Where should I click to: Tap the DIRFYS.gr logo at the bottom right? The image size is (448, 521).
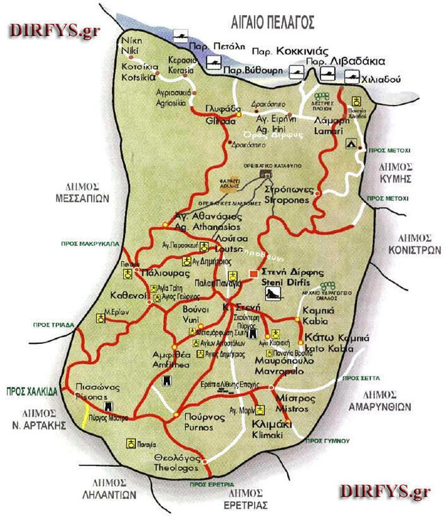click(x=384, y=492)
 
